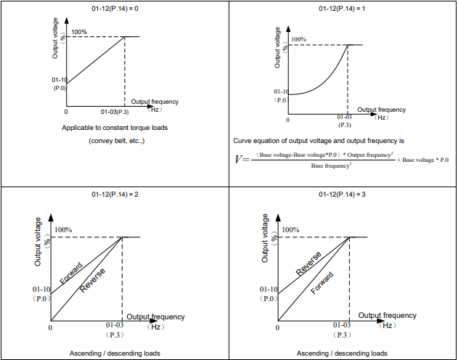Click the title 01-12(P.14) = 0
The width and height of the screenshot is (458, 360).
coord(115,9)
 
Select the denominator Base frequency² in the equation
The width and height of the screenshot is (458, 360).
coord(332,166)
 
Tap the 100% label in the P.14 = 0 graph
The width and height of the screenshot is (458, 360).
coord(79,33)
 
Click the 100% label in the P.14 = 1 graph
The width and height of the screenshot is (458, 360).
coord(298,40)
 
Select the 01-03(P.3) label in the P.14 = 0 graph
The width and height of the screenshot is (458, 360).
coord(115,112)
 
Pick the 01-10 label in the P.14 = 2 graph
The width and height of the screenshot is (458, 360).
coord(41,289)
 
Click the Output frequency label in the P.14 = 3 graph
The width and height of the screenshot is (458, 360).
coord(388,316)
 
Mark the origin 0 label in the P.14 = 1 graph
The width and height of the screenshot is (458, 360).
coord(287,120)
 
